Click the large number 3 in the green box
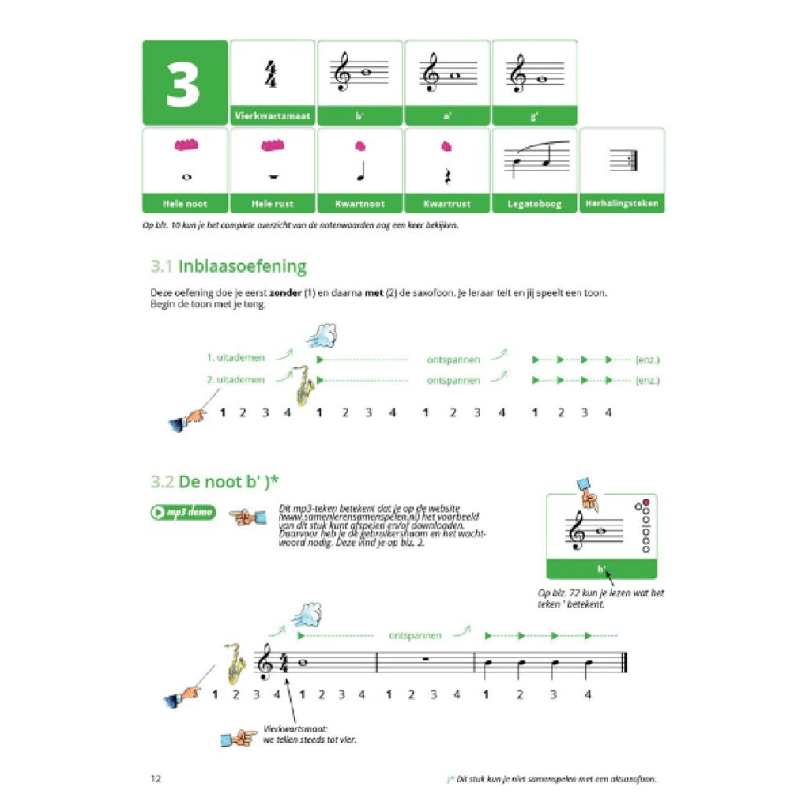183,83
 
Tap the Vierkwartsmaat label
273,116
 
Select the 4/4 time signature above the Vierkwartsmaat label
273,74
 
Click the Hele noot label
185,204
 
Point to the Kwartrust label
446,204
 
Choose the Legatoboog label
535,204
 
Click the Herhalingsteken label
622,204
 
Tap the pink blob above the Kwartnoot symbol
360,146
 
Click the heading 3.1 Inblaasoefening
228,266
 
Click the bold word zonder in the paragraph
286,293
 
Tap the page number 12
156,778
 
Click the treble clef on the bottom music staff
265,662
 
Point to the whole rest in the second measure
426,655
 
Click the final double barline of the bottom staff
624,663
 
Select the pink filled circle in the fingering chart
645,503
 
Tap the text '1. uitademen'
235,359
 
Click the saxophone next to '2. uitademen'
302,384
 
